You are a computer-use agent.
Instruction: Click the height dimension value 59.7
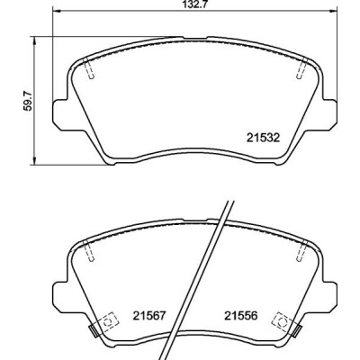[x=28, y=101]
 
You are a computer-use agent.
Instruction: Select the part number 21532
[x=263, y=138]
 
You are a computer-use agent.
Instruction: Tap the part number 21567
[x=149, y=316]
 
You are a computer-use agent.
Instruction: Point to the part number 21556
[x=241, y=316]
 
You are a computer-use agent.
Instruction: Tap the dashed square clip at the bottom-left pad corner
[x=107, y=323]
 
